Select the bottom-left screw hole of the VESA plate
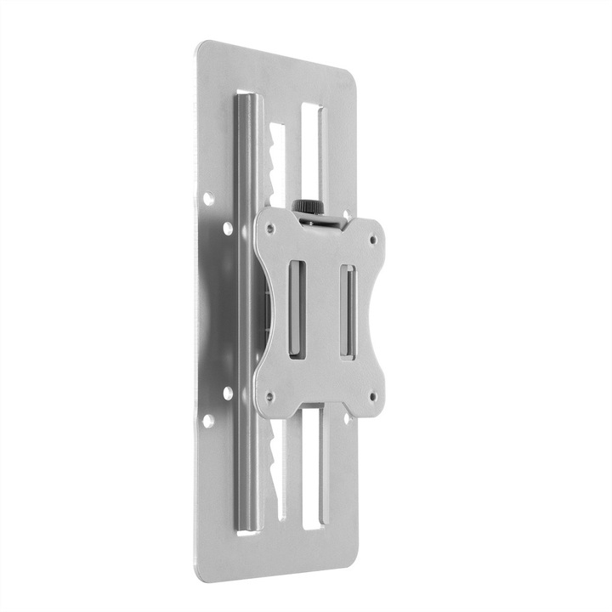pos(270,396)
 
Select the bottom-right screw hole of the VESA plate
pos(371,395)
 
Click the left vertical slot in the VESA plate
pos(297,309)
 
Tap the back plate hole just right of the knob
pos(348,215)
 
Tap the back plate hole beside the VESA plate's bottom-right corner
pos(347,417)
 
